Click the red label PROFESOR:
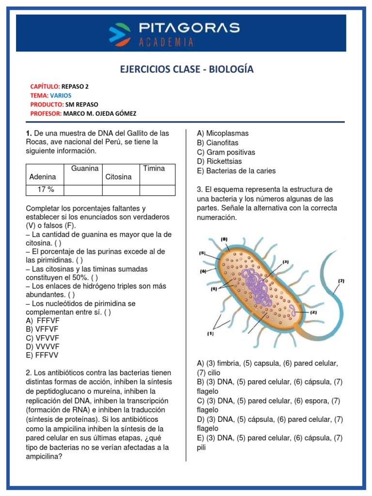pyautogui.click(x=45, y=113)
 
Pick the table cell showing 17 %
pyautogui.click(x=44, y=189)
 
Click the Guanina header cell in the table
pyautogui.click(x=85, y=169)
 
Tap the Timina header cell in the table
pyautogui.click(x=154, y=169)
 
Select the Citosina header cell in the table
pyautogui.click(x=118, y=177)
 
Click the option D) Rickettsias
pyautogui.click(x=219, y=161)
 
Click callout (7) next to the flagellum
pyautogui.click(x=341, y=280)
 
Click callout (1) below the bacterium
pyautogui.click(x=211, y=333)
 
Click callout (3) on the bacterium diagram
pyautogui.click(x=286, y=262)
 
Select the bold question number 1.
pyautogui.click(x=29, y=133)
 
